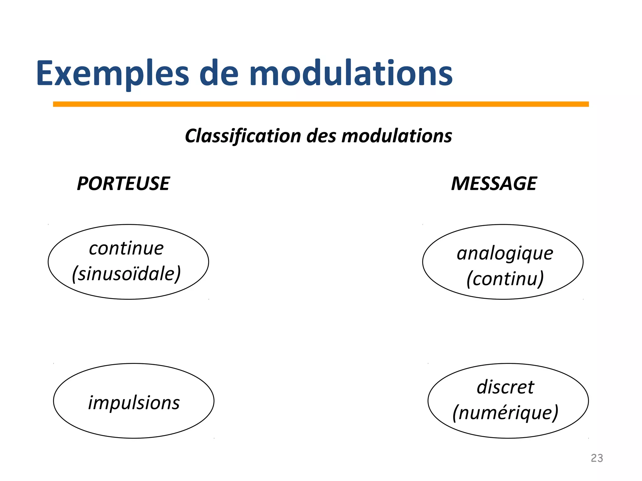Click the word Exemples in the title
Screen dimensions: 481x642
click(112, 74)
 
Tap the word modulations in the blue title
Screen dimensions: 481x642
click(351, 74)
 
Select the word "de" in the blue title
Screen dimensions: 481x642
click(219, 74)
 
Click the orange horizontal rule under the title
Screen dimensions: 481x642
click(321, 104)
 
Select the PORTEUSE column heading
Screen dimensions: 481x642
click(123, 184)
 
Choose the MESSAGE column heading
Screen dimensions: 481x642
click(494, 184)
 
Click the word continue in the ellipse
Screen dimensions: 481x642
click(126, 249)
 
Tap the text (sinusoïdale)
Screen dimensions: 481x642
click(126, 274)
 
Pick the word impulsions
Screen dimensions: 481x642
click(134, 403)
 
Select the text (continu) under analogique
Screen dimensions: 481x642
click(505, 279)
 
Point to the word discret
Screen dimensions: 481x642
click(505, 387)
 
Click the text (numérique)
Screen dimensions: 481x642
click(505, 413)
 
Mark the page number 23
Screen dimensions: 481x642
click(597, 458)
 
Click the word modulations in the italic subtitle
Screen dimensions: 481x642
click(397, 136)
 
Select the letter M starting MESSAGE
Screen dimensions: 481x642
click(460, 184)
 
